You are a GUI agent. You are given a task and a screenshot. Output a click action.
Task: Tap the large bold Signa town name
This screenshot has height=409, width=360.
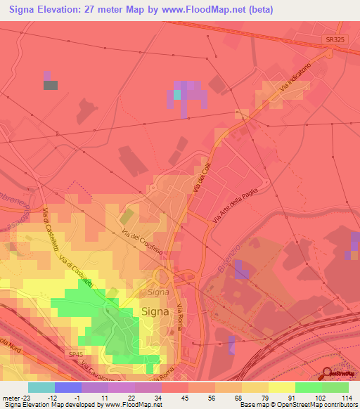(x=154, y=312)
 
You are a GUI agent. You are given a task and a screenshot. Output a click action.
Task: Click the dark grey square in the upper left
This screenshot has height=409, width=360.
(x=51, y=85)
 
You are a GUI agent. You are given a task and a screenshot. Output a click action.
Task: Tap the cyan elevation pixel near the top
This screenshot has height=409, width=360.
(x=177, y=93)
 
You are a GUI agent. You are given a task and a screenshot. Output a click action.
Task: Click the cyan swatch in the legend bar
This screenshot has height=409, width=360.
(x=41, y=387)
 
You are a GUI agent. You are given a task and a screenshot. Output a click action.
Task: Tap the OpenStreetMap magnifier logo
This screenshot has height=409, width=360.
(x=328, y=375)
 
